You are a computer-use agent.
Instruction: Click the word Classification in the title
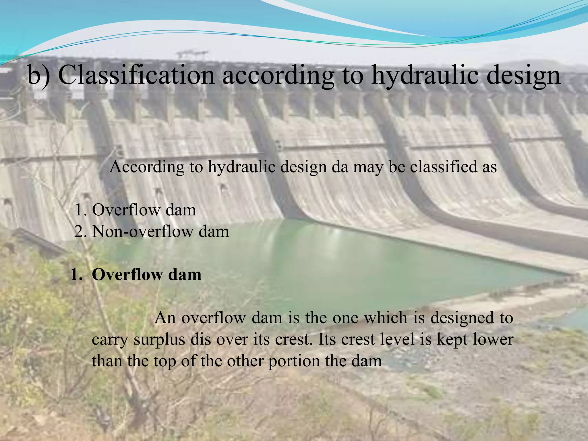136,75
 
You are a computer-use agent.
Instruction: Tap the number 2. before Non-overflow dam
81,231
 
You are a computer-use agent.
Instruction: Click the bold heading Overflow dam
146,275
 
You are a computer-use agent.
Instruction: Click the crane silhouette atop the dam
192,54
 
